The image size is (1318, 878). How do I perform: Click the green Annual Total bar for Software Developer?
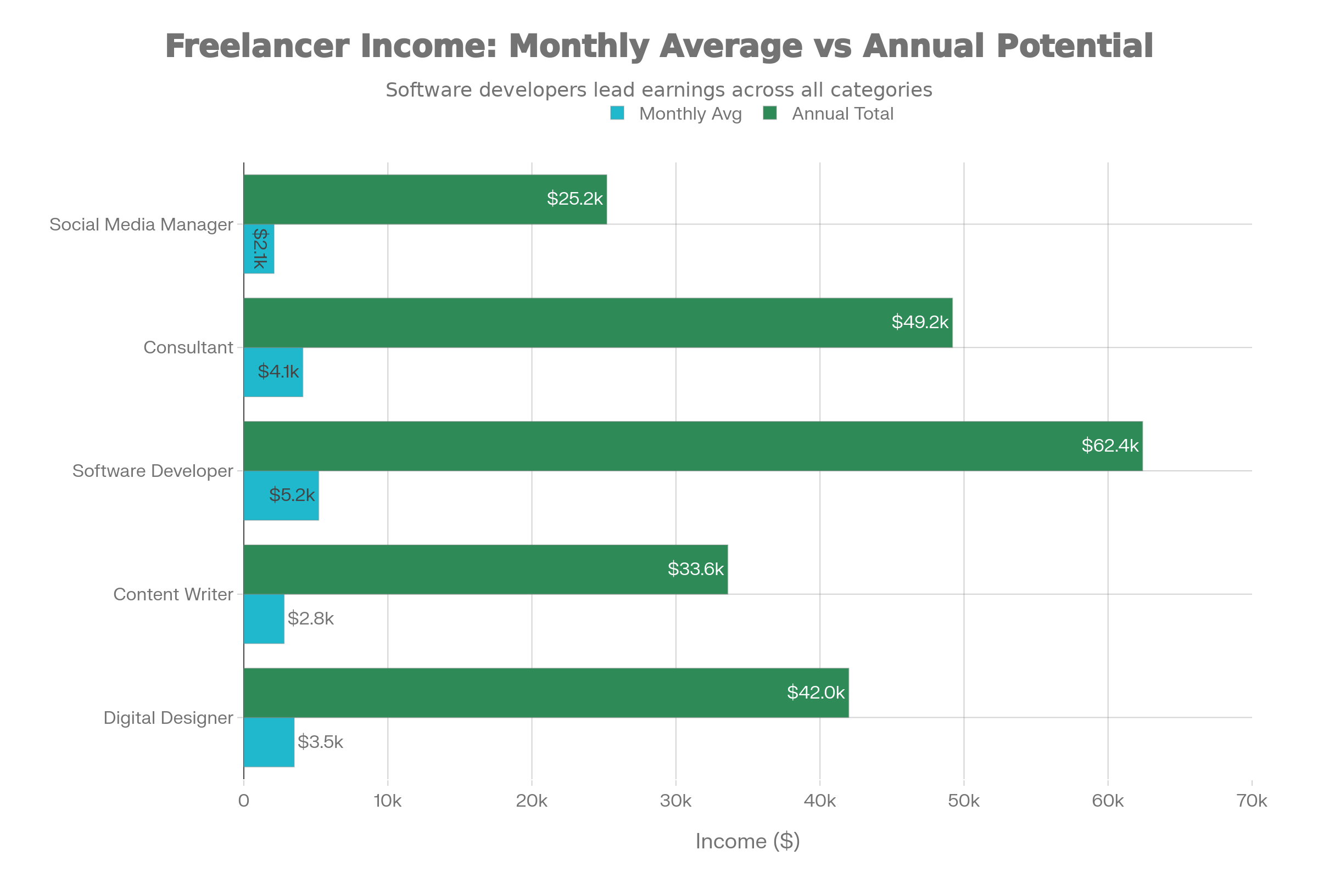click(x=692, y=446)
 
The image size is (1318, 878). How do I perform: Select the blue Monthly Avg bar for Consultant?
click(x=273, y=373)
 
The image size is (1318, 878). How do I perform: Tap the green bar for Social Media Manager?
click(x=425, y=199)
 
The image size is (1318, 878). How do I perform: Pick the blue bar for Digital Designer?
click(x=269, y=742)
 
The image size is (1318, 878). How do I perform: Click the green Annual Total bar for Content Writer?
click(x=485, y=570)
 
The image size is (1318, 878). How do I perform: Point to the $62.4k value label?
click(x=1109, y=446)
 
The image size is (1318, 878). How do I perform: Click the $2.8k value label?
click(x=310, y=619)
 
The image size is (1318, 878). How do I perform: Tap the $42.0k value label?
click(x=816, y=693)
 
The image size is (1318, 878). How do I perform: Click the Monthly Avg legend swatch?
click(x=617, y=114)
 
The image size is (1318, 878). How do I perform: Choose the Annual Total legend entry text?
click(x=842, y=114)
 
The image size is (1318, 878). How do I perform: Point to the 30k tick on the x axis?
click(x=675, y=801)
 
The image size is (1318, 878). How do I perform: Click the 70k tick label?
click(x=1252, y=801)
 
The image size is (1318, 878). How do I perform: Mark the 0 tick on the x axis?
click(x=244, y=801)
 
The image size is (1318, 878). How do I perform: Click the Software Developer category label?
click(x=153, y=471)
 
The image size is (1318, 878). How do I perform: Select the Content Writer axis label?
click(x=172, y=594)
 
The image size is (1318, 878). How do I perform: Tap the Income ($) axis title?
click(x=747, y=842)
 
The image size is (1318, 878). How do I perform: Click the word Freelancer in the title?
click(x=257, y=46)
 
